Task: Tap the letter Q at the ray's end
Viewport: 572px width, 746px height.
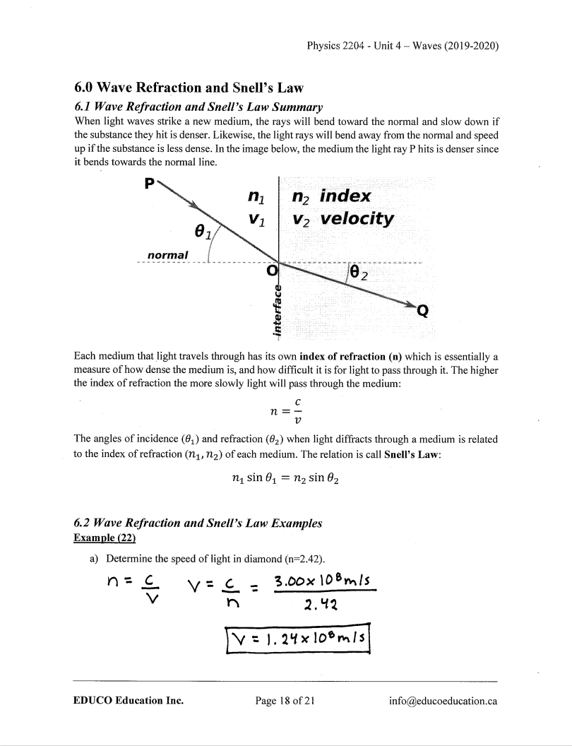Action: click(x=423, y=309)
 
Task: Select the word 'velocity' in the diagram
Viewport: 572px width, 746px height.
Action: click(x=356, y=218)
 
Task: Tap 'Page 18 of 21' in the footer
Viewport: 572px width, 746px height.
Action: click(x=285, y=701)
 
